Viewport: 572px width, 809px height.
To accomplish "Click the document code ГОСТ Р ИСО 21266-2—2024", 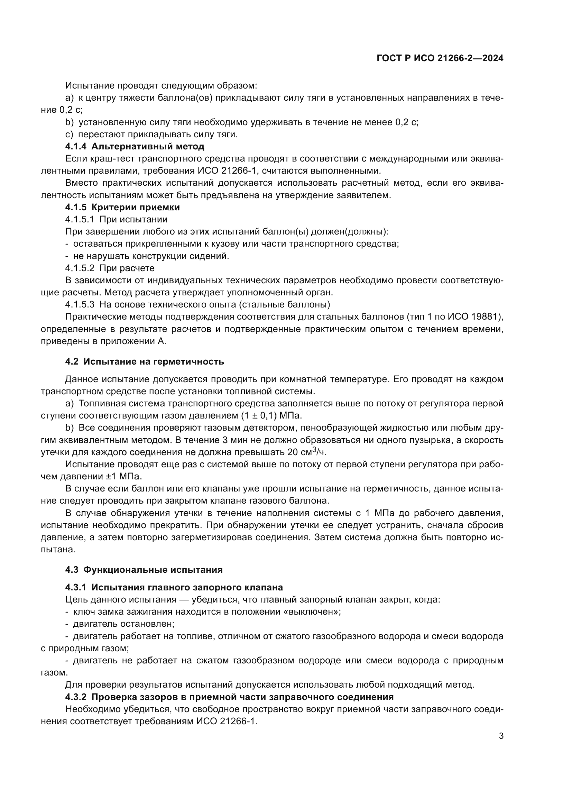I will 440,58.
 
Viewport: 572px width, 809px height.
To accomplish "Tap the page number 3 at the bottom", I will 501,736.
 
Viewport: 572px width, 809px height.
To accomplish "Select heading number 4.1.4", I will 76,146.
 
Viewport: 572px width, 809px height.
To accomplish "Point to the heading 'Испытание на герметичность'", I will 154,361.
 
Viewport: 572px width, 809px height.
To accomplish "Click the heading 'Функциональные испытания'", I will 153,570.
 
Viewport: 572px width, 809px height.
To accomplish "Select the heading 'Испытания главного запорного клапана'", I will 187,587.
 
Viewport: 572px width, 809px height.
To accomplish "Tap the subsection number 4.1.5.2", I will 80,268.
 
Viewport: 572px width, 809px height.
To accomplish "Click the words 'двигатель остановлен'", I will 123,624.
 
